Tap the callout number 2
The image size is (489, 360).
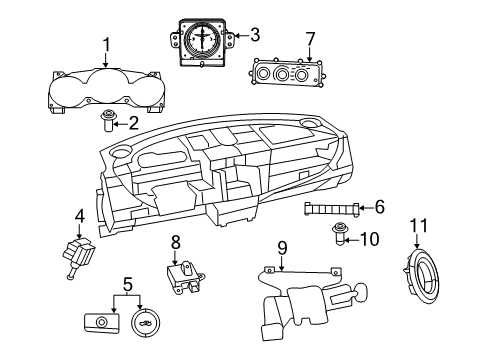(132, 122)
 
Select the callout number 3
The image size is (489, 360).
(254, 35)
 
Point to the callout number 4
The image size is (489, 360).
(79, 214)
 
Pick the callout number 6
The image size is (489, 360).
(379, 207)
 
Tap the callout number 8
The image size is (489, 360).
(174, 241)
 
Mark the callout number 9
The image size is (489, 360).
(282, 247)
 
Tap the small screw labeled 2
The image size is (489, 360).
(106, 123)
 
